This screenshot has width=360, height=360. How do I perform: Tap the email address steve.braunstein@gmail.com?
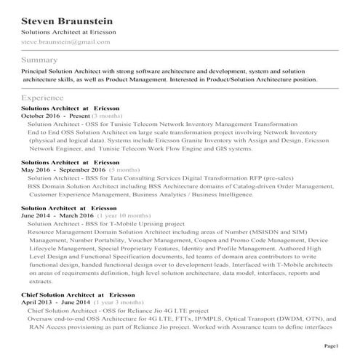[x=65, y=41]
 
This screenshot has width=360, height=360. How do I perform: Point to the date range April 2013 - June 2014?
[x=55, y=302]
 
